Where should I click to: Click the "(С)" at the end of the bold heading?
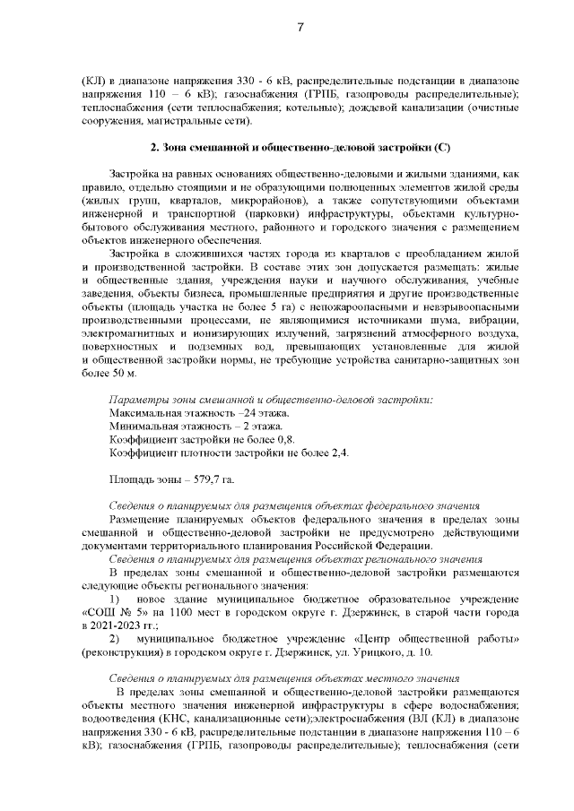pos(440,145)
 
